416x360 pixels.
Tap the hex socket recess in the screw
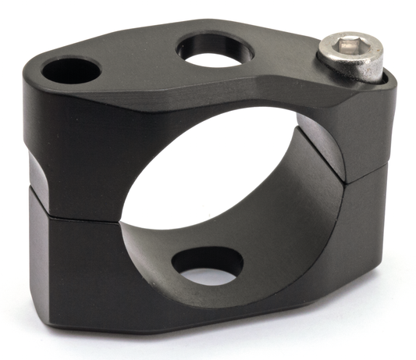coord(347,50)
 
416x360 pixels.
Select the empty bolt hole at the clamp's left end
coord(71,73)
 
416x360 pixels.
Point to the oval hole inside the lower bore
coord(206,266)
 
